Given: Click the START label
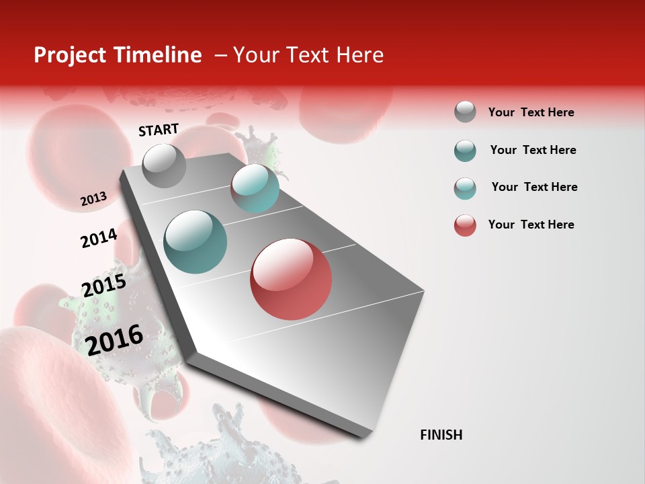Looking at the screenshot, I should pyautogui.click(x=159, y=130).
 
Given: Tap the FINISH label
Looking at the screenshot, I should pyautogui.click(x=441, y=435).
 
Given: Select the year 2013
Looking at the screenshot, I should pyautogui.click(x=93, y=199).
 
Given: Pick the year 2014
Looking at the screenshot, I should pyautogui.click(x=99, y=239).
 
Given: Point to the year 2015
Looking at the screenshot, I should pyautogui.click(x=103, y=286).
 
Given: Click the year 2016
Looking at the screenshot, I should pyautogui.click(x=114, y=339).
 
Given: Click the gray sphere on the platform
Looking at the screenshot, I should pyautogui.click(x=164, y=166).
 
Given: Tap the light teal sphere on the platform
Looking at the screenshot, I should pyautogui.click(x=255, y=188).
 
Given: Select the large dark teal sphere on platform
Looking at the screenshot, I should pyautogui.click(x=196, y=242).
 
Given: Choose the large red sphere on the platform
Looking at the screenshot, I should pyautogui.click(x=291, y=279).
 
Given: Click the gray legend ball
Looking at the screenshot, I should pyautogui.click(x=465, y=112).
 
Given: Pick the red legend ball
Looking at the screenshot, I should pyautogui.click(x=465, y=225).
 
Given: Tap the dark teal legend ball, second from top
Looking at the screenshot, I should pyautogui.click(x=465, y=151).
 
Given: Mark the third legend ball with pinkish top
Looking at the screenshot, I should pyautogui.click(x=465, y=188).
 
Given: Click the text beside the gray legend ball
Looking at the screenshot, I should pyautogui.click(x=531, y=112).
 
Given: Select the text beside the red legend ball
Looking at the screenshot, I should pyautogui.click(x=531, y=225).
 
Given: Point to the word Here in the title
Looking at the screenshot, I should pyautogui.click(x=359, y=55).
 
